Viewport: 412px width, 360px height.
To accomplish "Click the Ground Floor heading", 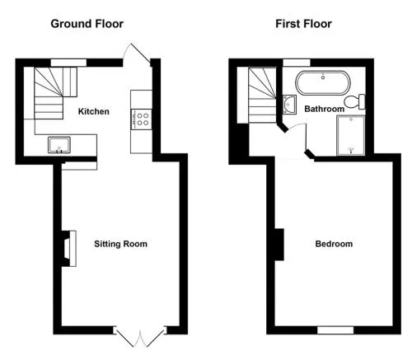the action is click(87, 24).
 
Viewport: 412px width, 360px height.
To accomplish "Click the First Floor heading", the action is click(303, 24).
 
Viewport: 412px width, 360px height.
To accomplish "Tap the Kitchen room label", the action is click(94, 111).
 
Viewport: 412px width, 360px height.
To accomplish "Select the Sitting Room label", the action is click(120, 244).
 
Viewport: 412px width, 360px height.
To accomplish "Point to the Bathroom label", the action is click(325, 109).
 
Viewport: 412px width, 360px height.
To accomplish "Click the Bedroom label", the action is click(334, 244).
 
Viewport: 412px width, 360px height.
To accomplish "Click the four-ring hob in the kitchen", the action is click(142, 119).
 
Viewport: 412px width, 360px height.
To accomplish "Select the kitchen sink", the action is click(59, 145).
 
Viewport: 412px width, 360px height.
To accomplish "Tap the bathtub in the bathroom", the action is click(323, 83).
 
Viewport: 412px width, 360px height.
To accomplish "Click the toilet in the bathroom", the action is click(354, 101).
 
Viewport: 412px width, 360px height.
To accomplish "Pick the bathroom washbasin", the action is click(289, 105).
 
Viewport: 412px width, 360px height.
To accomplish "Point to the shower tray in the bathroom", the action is click(351, 136).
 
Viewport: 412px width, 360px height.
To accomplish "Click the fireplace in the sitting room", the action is click(68, 249).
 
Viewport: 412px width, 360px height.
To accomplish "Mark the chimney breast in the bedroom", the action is click(279, 245).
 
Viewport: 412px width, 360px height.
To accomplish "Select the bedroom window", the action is click(335, 330).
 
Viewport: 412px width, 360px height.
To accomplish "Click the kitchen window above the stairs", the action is click(68, 63).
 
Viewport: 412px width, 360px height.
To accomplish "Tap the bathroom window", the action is click(297, 63).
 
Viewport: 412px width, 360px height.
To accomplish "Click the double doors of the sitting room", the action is click(140, 337).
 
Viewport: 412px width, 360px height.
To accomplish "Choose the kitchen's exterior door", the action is click(137, 54).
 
